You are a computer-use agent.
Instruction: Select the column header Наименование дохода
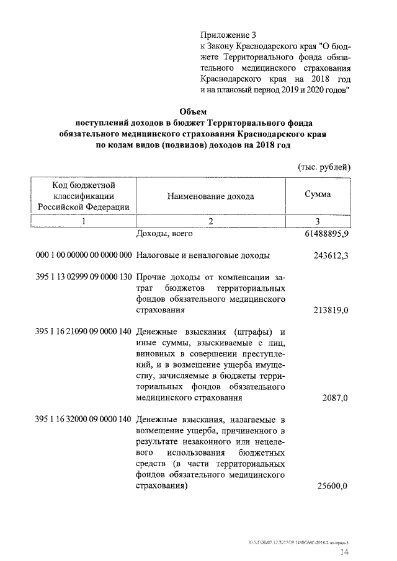click(210, 196)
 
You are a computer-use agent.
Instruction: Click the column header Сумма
click(317, 195)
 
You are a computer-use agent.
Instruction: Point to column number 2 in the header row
click(210, 221)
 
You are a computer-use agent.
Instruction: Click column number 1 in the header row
click(83, 221)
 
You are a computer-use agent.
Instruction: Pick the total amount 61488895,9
click(324, 236)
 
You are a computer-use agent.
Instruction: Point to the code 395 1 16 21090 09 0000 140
click(84, 330)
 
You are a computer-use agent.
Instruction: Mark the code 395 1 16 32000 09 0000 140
click(84, 419)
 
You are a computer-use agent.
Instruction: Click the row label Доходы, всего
click(164, 235)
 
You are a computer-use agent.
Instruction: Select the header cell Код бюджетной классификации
click(83, 196)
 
